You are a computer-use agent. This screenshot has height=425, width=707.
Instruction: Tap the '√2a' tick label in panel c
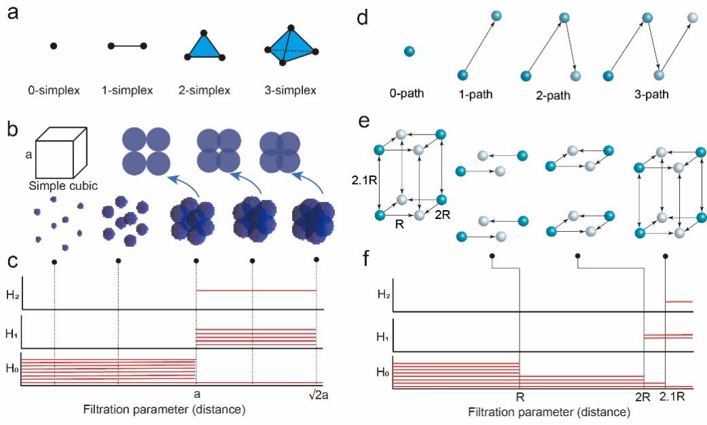316,396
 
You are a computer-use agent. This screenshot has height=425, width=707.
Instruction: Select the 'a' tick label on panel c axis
196,396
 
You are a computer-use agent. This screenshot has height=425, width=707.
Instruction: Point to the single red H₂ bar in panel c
256,290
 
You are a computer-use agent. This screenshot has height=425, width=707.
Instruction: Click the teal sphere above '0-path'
409,51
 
